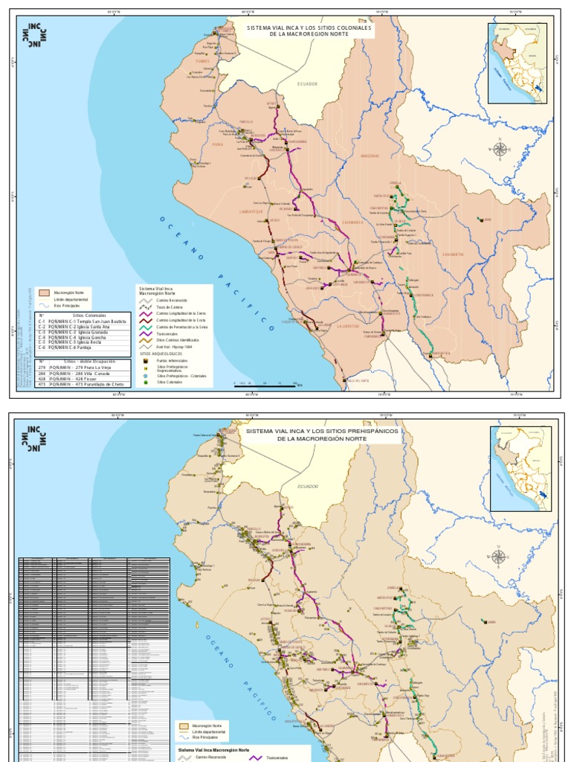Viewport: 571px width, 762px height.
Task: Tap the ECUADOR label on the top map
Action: pyautogui.click(x=307, y=84)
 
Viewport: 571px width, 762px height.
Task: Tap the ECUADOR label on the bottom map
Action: pyautogui.click(x=307, y=486)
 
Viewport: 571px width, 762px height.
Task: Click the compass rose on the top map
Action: pyautogui.click(x=500, y=148)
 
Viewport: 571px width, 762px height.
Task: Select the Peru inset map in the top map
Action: pyautogui.click(x=517, y=63)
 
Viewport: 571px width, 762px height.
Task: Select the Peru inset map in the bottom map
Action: pyautogui.click(x=520, y=468)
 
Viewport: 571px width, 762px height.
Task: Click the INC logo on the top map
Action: pyautogui.click(x=36, y=35)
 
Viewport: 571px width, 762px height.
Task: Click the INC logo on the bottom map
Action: pyautogui.click(x=36, y=439)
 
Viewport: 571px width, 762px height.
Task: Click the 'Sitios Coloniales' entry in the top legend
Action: pyautogui.click(x=169, y=382)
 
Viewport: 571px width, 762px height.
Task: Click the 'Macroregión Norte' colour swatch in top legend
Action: pyautogui.click(x=45, y=293)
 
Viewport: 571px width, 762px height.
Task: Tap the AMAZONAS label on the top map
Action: pyautogui.click(x=370, y=156)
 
